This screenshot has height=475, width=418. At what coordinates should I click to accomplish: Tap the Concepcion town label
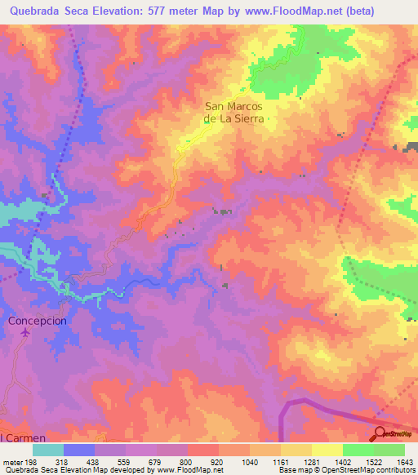(37, 321)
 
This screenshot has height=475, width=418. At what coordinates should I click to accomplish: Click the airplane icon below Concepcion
(25, 333)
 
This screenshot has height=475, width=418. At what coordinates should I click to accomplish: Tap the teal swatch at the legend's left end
(48, 450)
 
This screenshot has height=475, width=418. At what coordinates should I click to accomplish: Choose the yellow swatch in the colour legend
(327, 450)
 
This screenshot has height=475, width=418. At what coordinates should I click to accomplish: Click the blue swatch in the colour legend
(79, 450)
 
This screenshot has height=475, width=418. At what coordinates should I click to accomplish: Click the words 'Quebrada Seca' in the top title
(47, 11)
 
